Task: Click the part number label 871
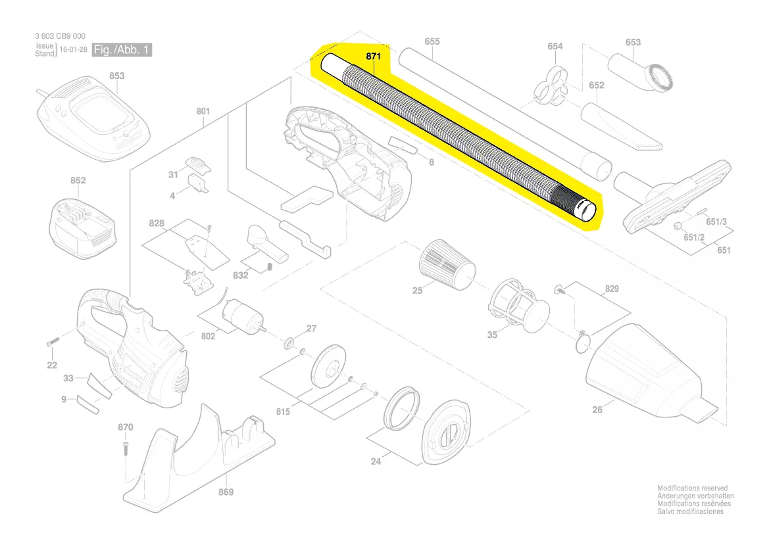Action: [373, 57]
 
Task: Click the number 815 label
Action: [283, 412]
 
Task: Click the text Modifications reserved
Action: [692, 488]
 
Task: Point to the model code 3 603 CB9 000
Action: [60, 36]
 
